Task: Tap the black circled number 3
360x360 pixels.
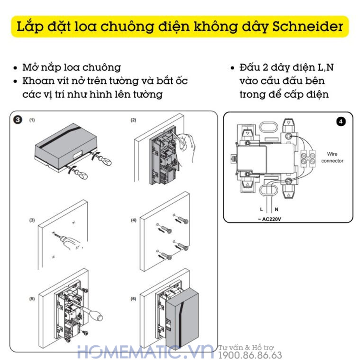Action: [x=18, y=120]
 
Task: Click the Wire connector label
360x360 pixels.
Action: [x=332, y=157]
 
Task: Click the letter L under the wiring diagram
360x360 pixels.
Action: [x=261, y=208]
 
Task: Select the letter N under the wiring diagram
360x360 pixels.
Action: [x=276, y=208]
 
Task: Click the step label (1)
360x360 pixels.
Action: [x=32, y=120]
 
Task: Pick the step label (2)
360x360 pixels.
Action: [x=134, y=120]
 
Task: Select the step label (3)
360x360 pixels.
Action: [x=32, y=220]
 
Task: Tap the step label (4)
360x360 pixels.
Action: [x=134, y=220]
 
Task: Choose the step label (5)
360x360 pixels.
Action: [x=32, y=299]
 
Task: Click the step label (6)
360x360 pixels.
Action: [x=134, y=299]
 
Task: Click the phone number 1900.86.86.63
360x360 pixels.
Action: [x=250, y=355]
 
